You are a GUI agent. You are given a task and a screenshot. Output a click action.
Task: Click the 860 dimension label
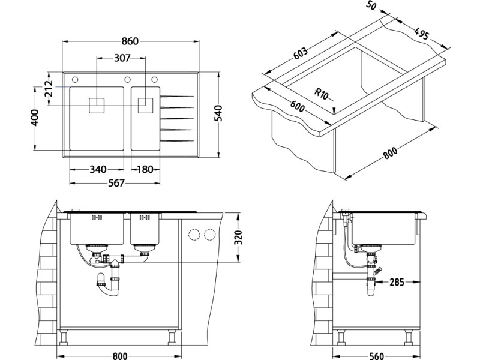130,41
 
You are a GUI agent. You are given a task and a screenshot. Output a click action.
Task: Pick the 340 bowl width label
98,170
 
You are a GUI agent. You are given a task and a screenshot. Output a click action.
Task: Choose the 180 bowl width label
144,170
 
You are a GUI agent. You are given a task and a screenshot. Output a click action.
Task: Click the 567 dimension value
115,184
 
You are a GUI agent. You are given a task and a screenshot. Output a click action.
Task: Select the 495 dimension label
422,34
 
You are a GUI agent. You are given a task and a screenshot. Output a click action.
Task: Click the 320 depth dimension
240,238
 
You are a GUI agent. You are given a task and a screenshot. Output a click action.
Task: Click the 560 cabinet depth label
376,356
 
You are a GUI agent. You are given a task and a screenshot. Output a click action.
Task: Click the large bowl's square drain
97,106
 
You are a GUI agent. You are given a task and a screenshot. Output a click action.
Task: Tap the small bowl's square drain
145,106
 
